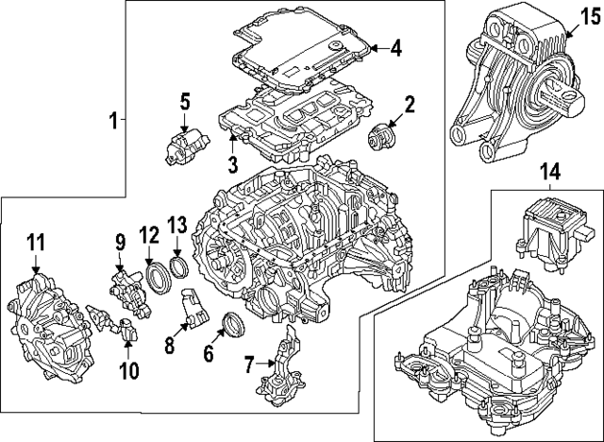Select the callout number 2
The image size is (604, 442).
[411, 104]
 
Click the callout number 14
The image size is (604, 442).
[549, 171]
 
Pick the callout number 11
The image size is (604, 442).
[35, 244]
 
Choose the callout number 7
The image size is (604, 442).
[249, 365]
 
